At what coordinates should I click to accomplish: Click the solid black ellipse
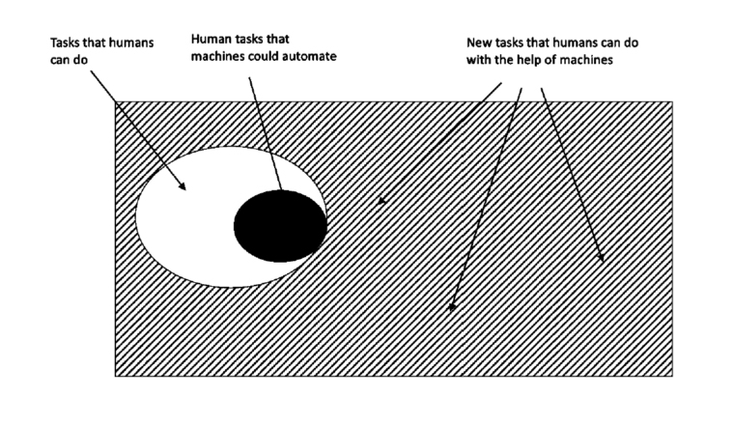[280, 226]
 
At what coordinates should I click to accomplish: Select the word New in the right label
[477, 43]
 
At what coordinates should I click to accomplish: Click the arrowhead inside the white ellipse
[182, 186]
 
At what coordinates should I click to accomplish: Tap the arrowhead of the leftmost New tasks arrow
[381, 201]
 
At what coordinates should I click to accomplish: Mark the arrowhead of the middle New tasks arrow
[452, 308]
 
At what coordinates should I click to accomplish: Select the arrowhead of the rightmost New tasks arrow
[601, 258]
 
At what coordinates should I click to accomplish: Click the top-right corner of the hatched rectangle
[673, 101]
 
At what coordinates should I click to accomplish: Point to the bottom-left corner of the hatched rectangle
[116, 376]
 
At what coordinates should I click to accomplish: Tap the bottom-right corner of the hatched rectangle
[673, 376]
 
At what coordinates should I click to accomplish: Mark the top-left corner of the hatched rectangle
[116, 101]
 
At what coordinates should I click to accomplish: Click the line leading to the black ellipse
[266, 133]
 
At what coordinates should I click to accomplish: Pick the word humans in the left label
[135, 43]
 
